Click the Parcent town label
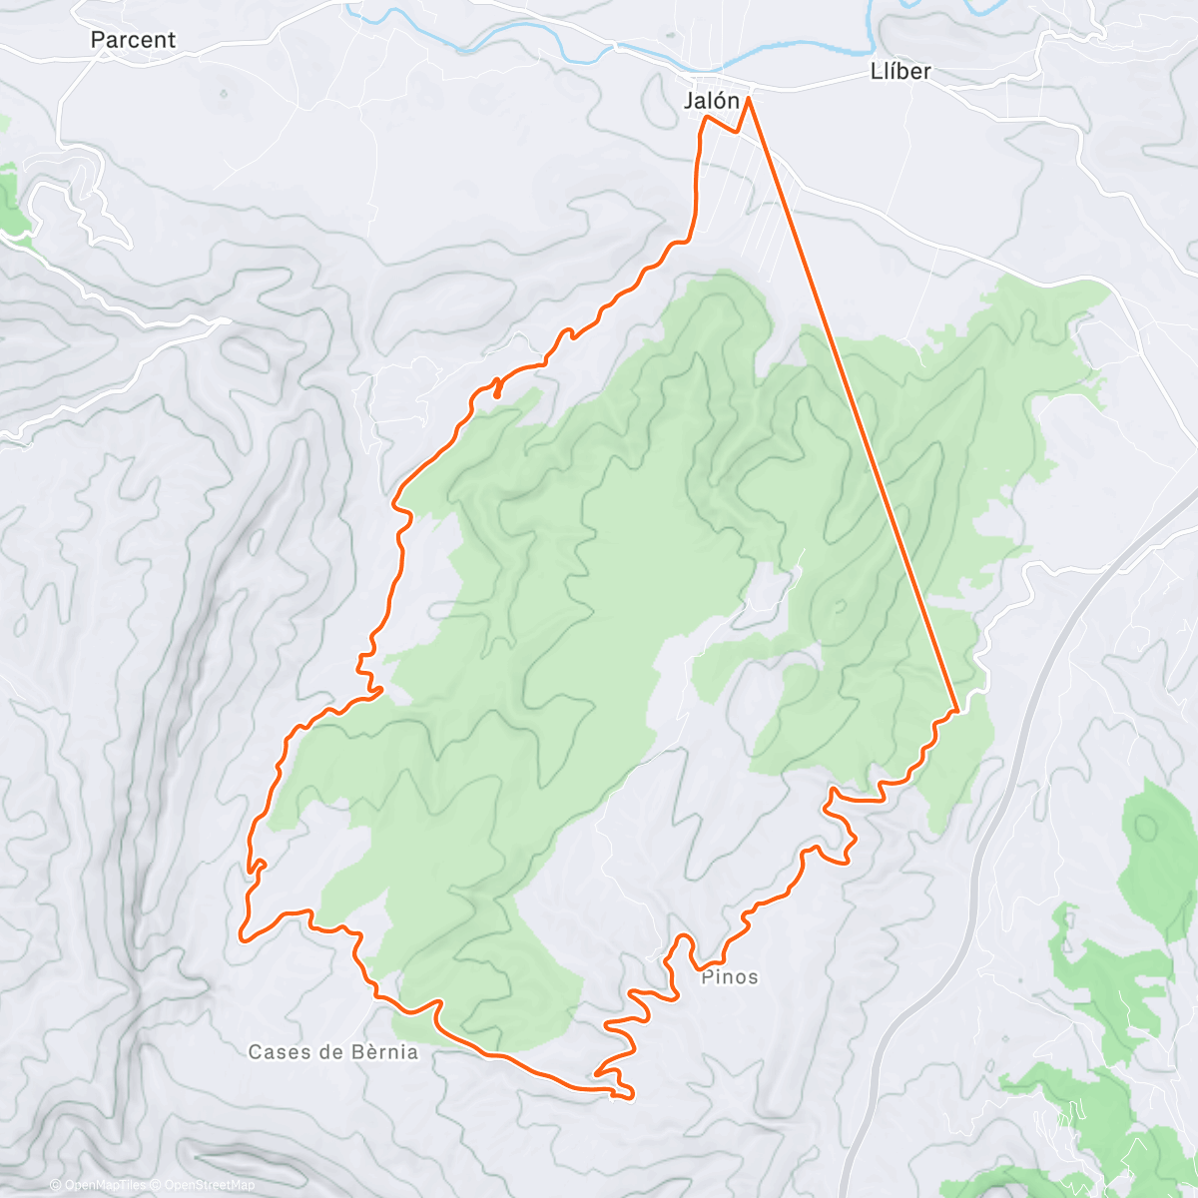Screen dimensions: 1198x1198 132,40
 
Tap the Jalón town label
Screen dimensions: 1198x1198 712,101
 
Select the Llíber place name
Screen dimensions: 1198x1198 900,71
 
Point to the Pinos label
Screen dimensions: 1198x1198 730,977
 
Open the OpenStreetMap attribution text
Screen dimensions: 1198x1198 209,1185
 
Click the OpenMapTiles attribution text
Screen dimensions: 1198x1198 105,1185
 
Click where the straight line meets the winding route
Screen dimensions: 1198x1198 956,711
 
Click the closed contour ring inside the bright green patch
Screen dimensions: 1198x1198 1148,827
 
